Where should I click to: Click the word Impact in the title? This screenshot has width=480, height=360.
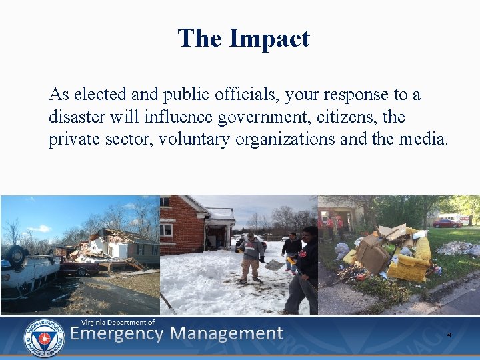click(269, 39)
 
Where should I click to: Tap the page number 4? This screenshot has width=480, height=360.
click(449, 334)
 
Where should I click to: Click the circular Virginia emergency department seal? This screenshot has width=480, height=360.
click(44, 337)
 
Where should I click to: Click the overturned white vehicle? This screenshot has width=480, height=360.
click(27, 270)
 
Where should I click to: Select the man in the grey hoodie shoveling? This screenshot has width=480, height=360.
click(251, 257)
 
